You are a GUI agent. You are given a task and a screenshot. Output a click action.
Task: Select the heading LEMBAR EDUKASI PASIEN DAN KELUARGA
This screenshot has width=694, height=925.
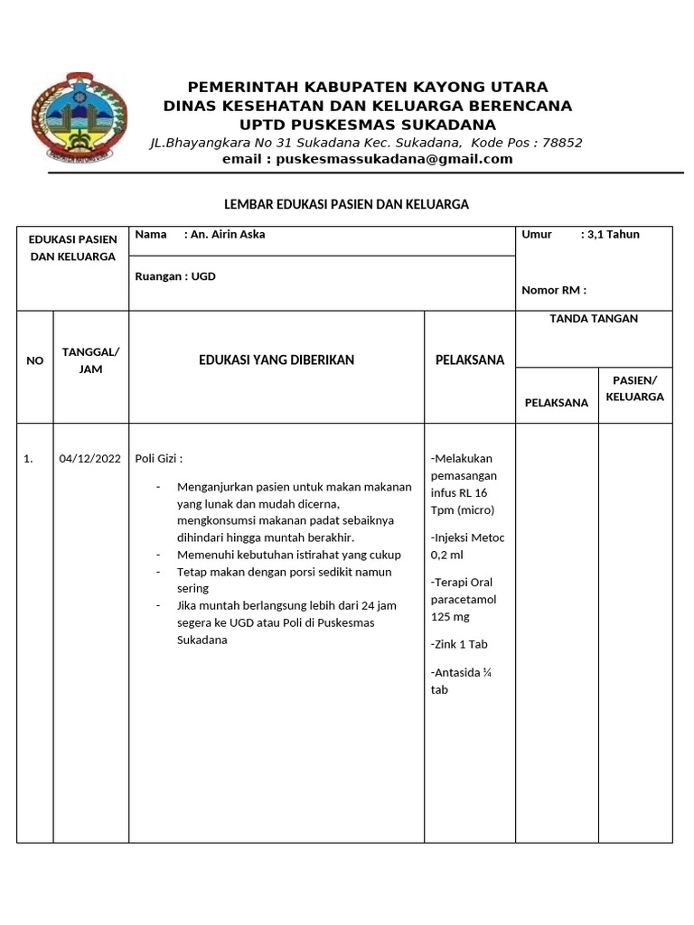coord(346,204)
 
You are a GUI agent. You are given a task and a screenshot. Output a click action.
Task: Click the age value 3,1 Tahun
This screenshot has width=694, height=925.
coord(613,235)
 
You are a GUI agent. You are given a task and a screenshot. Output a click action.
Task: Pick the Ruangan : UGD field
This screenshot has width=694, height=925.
coord(175,276)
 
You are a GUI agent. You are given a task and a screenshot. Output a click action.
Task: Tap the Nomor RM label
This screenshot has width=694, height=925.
coord(554,290)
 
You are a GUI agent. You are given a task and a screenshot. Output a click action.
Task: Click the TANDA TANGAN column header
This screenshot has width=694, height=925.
coord(594,319)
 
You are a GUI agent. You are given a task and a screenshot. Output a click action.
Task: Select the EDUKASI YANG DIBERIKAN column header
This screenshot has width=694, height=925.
coord(277,360)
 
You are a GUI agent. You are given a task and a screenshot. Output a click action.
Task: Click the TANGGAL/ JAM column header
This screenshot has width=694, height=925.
coord(90,360)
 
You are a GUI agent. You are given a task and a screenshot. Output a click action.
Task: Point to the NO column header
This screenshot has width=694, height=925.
coord(35,360)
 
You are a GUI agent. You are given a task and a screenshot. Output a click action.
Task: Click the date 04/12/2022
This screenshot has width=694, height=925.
coord(90,459)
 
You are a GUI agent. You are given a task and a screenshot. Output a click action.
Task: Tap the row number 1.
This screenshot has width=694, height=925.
coord(29,459)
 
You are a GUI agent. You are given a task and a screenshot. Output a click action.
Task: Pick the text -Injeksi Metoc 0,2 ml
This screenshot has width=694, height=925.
coord(468,547)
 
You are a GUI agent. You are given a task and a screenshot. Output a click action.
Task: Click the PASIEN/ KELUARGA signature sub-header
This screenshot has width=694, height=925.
coord(635,388)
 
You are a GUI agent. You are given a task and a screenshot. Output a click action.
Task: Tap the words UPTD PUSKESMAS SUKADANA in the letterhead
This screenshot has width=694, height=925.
coord(367,124)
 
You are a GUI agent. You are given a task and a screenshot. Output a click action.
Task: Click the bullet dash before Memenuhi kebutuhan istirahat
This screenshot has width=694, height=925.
coord(158,555)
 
